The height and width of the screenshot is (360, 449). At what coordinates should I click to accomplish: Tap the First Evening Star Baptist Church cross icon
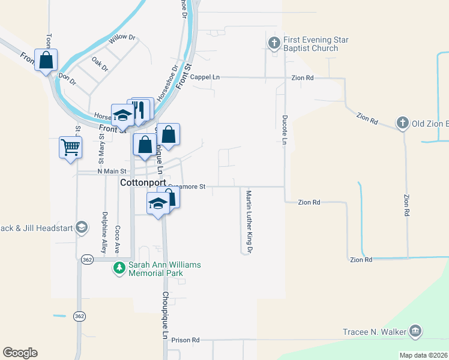(x=274, y=43)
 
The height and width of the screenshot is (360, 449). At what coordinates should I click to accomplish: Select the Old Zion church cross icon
(x=403, y=124)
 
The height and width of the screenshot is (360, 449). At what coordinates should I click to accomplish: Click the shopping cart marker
(x=70, y=146)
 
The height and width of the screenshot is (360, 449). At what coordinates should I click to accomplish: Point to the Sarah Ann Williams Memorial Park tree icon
(x=120, y=268)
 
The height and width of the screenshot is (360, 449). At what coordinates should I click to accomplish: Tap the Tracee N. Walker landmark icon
(x=415, y=332)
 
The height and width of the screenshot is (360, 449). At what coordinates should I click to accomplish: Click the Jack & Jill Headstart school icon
(x=82, y=227)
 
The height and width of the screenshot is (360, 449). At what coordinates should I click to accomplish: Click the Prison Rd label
(x=184, y=340)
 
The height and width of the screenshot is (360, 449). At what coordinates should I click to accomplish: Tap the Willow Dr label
(x=123, y=41)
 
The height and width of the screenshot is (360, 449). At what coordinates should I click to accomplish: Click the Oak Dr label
(x=100, y=64)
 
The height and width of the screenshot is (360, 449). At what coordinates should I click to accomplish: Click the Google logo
(x=20, y=353)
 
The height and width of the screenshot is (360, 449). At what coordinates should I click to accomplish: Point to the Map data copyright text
(x=423, y=355)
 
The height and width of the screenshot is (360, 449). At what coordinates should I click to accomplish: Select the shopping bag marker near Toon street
(x=46, y=60)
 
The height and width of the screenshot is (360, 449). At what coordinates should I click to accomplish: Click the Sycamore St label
(x=187, y=187)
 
